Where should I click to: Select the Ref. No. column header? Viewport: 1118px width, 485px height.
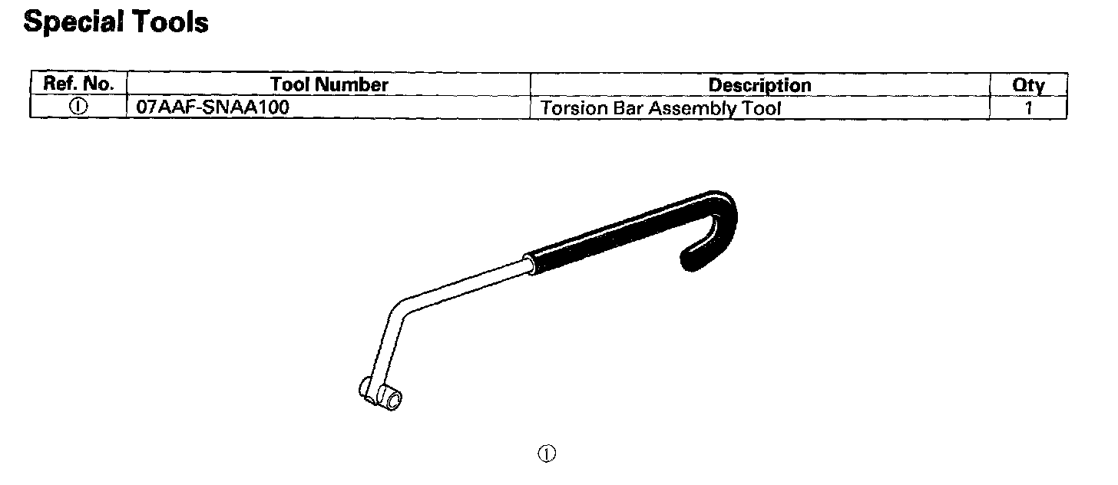[78, 84]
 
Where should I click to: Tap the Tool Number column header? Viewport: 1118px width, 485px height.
[329, 84]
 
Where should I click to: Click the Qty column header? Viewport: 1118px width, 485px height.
[1028, 84]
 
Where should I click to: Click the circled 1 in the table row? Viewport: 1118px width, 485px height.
[78, 107]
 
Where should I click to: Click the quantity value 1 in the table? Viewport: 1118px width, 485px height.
[1029, 108]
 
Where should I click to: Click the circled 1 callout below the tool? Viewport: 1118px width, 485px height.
[547, 454]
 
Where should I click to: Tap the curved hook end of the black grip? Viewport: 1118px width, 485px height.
[718, 223]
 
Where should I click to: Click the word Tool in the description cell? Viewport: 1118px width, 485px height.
[762, 108]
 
